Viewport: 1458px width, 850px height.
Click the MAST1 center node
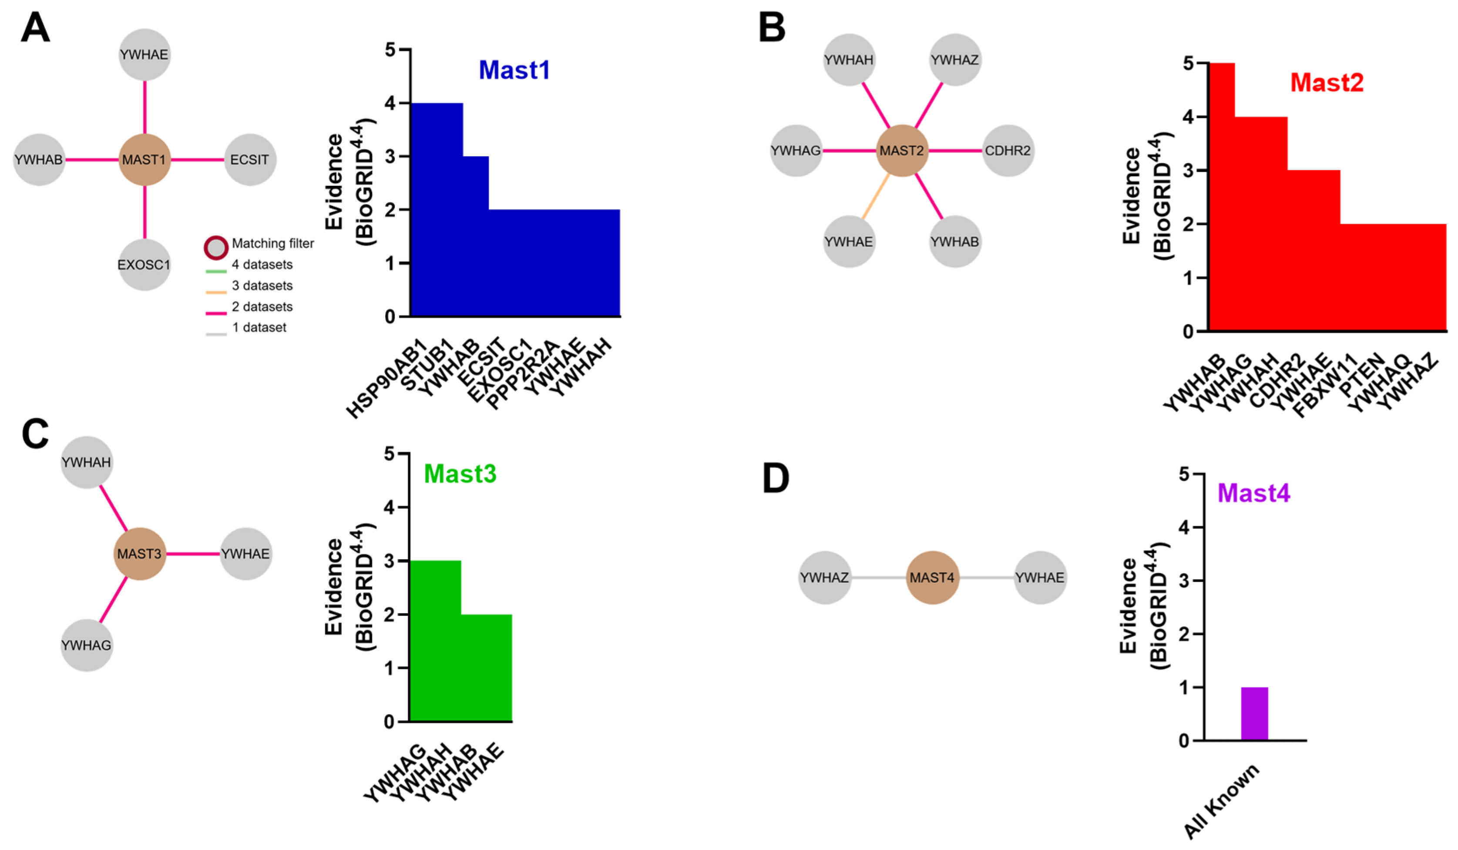pyautogui.click(x=144, y=160)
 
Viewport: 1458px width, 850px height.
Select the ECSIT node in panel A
pyautogui.click(x=250, y=160)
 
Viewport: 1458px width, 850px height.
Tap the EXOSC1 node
pyautogui.click(x=144, y=265)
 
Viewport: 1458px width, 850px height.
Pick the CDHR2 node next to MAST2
pyautogui.click(x=1007, y=151)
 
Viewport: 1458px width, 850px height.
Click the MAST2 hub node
pyautogui.click(x=901, y=151)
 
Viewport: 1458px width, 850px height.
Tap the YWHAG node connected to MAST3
pyautogui.click(x=86, y=645)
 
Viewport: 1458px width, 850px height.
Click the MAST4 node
pyautogui.click(x=932, y=578)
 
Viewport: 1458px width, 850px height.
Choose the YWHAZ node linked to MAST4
pyautogui.click(x=824, y=578)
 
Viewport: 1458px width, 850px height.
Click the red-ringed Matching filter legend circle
pyautogui.click(x=216, y=248)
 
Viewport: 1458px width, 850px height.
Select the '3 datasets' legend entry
pyautogui.click(x=262, y=286)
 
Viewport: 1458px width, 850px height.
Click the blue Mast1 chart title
pyautogui.click(x=514, y=71)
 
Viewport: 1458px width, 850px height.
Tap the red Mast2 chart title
pyautogui.click(x=1327, y=83)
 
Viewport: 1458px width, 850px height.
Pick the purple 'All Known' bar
pyautogui.click(x=1254, y=713)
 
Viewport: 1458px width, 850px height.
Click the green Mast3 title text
pyautogui.click(x=460, y=474)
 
